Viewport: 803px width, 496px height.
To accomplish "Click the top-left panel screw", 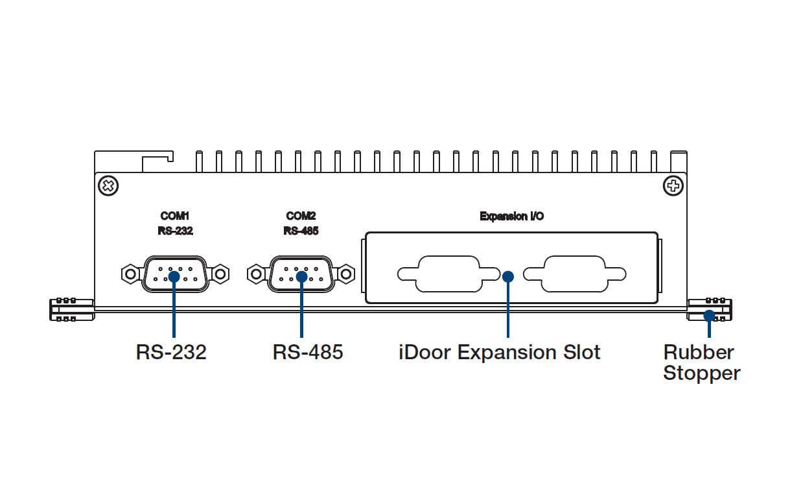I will coord(108,187).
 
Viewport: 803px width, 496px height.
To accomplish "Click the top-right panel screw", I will coord(673,187).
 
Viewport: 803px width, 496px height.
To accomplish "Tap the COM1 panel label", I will coord(175,216).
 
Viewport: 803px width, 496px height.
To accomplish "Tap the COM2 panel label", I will coord(301,216).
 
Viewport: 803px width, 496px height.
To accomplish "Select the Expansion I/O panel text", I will coord(511,217).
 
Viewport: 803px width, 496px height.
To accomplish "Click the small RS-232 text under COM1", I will coord(175,231).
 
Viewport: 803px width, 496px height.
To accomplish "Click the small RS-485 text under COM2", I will coord(301,231).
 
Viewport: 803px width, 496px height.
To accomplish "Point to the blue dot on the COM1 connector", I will coord(174,276).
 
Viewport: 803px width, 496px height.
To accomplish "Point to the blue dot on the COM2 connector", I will coord(301,276).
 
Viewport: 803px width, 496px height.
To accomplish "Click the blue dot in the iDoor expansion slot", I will coord(508,276).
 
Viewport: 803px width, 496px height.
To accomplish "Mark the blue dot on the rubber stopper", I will coord(710,316).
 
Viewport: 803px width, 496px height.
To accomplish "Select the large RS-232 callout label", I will coord(171,353).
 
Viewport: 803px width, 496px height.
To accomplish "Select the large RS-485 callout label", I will coord(308,353).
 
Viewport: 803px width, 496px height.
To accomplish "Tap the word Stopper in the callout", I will coord(701,373).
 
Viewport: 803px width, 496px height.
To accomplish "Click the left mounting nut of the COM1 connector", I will coord(131,274).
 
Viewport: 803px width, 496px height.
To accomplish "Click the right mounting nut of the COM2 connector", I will coord(345,274).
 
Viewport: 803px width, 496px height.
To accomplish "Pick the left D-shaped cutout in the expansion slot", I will coord(448,274).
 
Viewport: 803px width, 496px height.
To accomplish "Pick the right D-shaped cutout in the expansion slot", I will coord(574,274).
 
